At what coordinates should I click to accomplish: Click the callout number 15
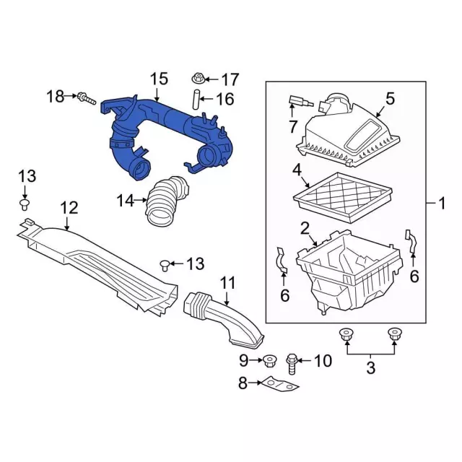click(159, 79)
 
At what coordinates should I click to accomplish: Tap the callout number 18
click(56, 96)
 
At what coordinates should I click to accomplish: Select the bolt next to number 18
click(86, 97)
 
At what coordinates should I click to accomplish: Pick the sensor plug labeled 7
click(297, 102)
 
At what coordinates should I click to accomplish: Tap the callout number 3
click(370, 368)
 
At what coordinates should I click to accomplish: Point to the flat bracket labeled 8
click(280, 385)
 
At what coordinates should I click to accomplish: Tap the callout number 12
click(69, 209)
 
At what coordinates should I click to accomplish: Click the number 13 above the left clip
click(26, 175)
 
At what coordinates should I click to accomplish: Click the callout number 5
click(390, 99)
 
